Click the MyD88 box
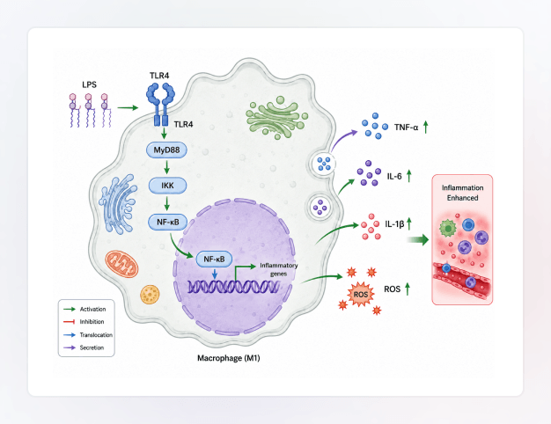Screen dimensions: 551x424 [166, 150]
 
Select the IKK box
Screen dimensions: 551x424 [167, 186]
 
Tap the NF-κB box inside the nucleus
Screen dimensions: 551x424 [214, 260]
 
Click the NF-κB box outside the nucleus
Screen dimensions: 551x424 [168, 222]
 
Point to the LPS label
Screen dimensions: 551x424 [89, 84]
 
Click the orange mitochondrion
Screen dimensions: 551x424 [121, 264]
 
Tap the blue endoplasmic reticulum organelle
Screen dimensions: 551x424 [118, 204]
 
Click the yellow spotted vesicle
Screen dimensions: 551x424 [150, 295]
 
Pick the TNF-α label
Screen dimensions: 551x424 [407, 128]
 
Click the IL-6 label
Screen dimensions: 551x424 [394, 176]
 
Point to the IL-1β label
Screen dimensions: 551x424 [394, 224]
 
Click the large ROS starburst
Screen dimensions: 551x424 [361, 294]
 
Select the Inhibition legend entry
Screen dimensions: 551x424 [84, 322]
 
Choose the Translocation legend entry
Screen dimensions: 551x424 [88, 335]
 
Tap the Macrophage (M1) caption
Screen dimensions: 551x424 [229, 358]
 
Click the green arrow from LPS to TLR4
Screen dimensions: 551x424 [128, 107]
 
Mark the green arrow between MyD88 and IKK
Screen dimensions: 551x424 [167, 167]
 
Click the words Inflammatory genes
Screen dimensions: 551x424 [279, 269]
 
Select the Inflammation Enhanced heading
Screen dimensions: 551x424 [462, 193]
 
